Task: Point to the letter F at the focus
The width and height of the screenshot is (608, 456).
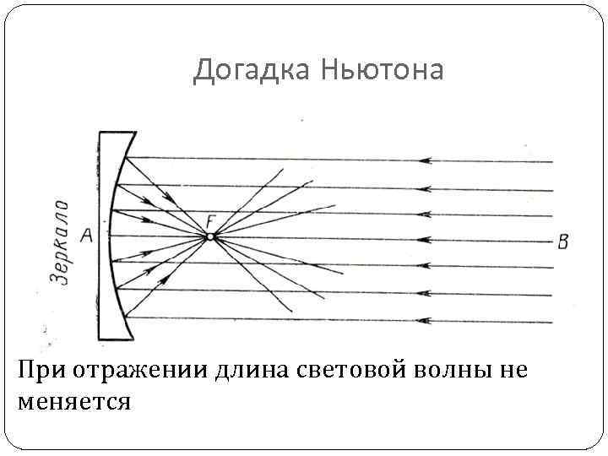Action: [x=210, y=221]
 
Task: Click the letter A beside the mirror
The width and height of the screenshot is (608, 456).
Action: [x=86, y=237]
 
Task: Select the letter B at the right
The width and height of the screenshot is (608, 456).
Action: [x=563, y=242]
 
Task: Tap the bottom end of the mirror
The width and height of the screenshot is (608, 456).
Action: [x=117, y=336]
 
